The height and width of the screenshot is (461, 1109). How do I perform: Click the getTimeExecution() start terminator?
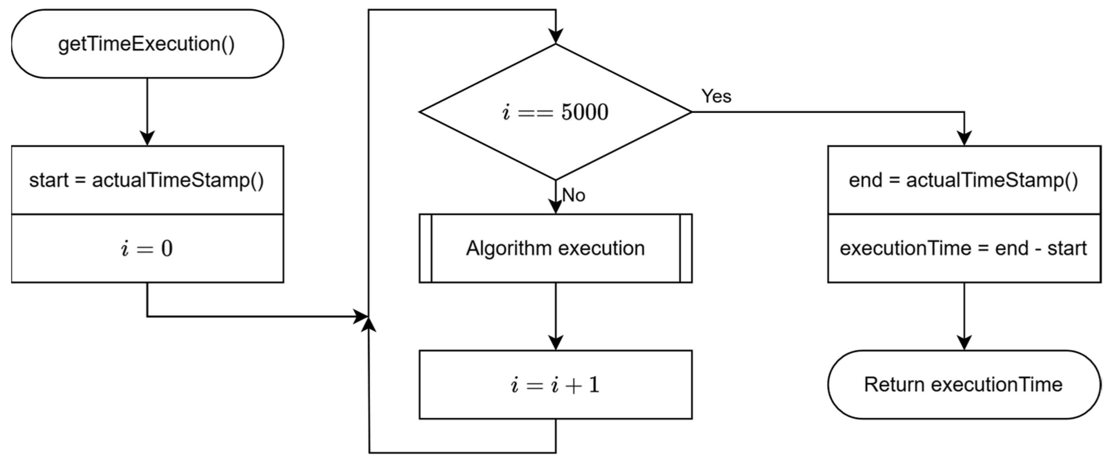pyautogui.click(x=147, y=44)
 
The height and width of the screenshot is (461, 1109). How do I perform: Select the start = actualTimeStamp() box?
pyautogui.click(x=147, y=180)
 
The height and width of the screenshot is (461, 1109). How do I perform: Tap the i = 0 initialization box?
pyautogui.click(x=147, y=248)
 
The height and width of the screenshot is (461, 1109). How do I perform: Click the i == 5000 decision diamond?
pyautogui.click(x=555, y=112)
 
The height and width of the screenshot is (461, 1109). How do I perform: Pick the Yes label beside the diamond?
pyautogui.click(x=716, y=96)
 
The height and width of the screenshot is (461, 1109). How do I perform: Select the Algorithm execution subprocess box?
pyautogui.click(x=555, y=248)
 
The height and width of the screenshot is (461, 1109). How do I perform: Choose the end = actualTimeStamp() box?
pyautogui.click(x=963, y=180)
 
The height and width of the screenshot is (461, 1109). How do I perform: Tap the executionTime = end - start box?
pyautogui.click(x=963, y=248)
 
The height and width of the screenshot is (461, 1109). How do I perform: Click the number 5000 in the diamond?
pyautogui.click(x=585, y=112)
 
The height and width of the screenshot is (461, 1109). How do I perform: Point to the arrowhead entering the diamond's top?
pyautogui.click(x=555, y=37)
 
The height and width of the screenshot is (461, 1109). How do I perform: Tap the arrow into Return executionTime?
pyautogui.click(x=964, y=317)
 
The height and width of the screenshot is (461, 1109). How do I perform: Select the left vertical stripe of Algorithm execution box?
pyautogui.click(x=425, y=248)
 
